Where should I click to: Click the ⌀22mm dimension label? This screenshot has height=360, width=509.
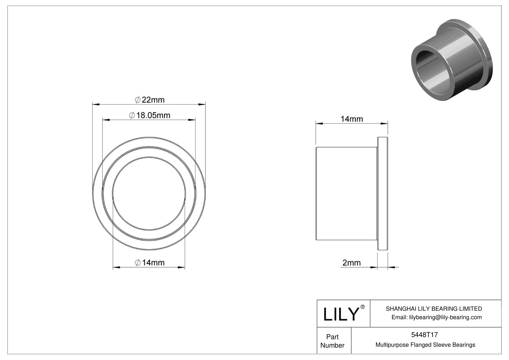(149, 99)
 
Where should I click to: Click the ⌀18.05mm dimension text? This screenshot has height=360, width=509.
(150, 115)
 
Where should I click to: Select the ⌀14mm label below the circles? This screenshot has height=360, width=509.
(150, 262)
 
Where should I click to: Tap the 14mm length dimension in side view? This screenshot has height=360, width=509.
(352, 119)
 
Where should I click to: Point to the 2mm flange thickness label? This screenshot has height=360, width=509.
(351, 262)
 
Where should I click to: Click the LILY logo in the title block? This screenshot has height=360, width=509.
(341, 314)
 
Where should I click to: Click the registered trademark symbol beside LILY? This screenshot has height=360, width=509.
(363, 307)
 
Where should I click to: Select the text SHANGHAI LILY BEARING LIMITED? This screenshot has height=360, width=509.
(434, 309)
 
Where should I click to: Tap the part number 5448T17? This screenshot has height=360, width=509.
(424, 335)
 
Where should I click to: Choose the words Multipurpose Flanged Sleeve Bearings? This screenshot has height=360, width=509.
(425, 345)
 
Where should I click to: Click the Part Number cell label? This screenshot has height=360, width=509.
(332, 341)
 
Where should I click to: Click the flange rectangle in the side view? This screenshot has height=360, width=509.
(383, 193)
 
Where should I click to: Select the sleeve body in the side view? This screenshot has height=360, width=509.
(346, 193)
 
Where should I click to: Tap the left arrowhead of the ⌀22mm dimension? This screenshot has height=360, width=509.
(96, 105)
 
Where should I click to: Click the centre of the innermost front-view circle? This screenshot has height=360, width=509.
(149, 193)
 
